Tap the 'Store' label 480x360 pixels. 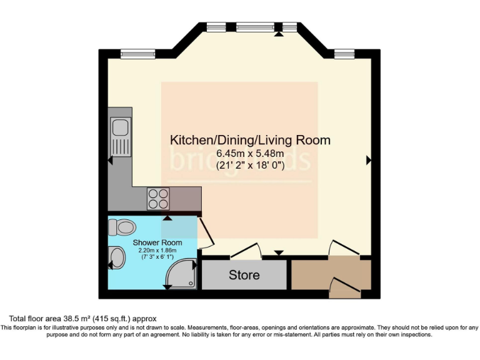coord(244,275)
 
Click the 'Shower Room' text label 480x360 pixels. coord(157,242)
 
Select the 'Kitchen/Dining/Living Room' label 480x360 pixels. coord(250,140)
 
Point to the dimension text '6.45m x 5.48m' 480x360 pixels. coord(250,154)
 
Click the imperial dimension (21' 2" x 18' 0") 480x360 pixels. coord(250,166)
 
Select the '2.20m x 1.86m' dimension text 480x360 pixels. coord(157,251)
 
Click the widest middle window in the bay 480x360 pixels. coord(255,27)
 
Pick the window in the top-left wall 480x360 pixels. coord(137,55)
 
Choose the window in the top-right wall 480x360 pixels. coord(344,55)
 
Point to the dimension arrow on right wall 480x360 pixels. coord(368,161)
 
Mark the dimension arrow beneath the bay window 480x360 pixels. coord(278,34)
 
